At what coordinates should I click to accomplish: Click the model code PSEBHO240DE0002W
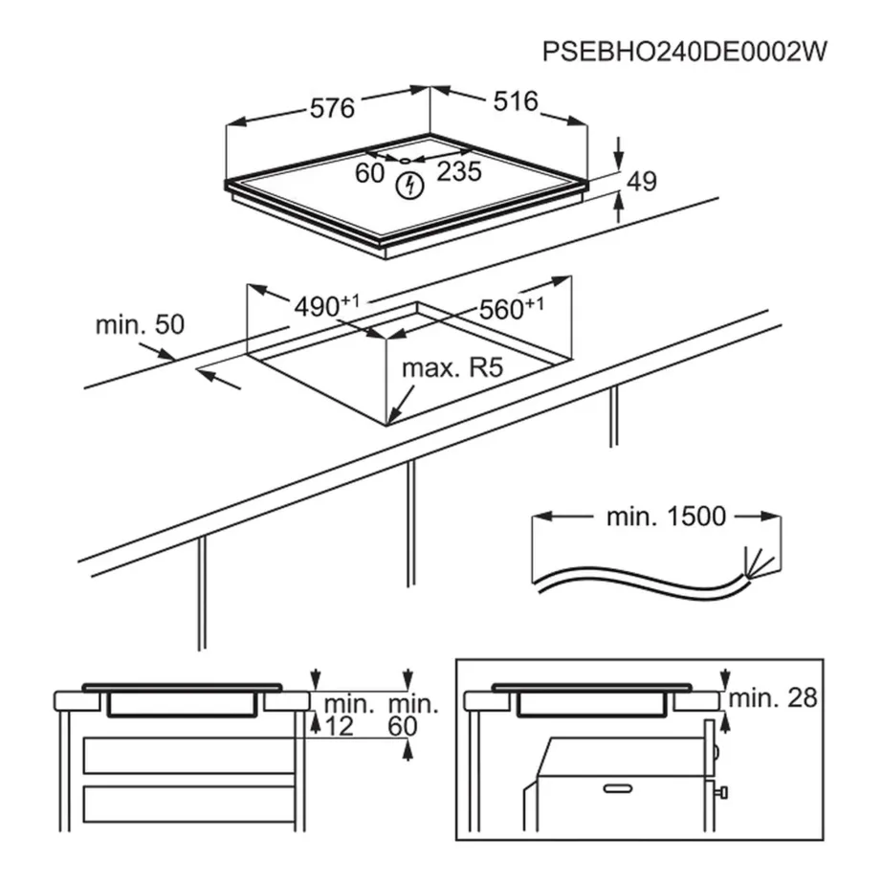683,51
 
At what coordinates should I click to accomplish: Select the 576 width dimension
333,107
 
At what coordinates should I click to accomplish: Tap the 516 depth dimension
514,101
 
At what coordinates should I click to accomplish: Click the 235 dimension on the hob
459,172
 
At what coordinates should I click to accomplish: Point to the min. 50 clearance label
139,324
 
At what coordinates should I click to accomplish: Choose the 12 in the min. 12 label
340,727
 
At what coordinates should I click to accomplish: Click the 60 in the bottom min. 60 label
404,727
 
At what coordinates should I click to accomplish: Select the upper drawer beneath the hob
188,756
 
